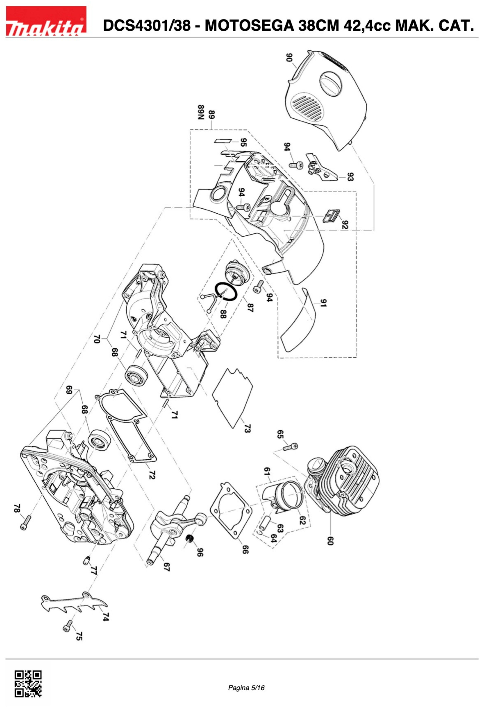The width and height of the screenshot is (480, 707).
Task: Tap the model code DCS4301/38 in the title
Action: [x=147, y=26]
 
